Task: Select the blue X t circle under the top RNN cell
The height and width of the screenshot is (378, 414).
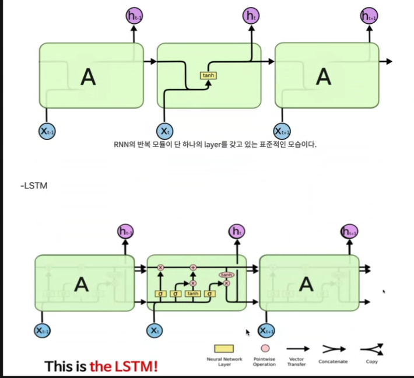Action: pos(166,131)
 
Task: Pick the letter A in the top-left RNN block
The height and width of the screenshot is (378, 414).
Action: pos(88,76)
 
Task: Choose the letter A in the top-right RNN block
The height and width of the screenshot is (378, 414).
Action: pos(324,76)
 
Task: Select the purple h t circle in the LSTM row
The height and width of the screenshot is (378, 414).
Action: pos(237,231)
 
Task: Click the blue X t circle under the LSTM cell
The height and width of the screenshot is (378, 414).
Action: pos(155,331)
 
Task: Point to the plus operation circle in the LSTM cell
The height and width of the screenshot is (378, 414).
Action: pos(193,267)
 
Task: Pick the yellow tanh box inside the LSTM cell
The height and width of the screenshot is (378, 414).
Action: pos(193,293)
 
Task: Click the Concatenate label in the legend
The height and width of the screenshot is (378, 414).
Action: pos(333,362)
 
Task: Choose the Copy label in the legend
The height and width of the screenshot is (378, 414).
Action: pos(371,362)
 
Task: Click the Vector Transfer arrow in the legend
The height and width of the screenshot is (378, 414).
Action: pos(297,349)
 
